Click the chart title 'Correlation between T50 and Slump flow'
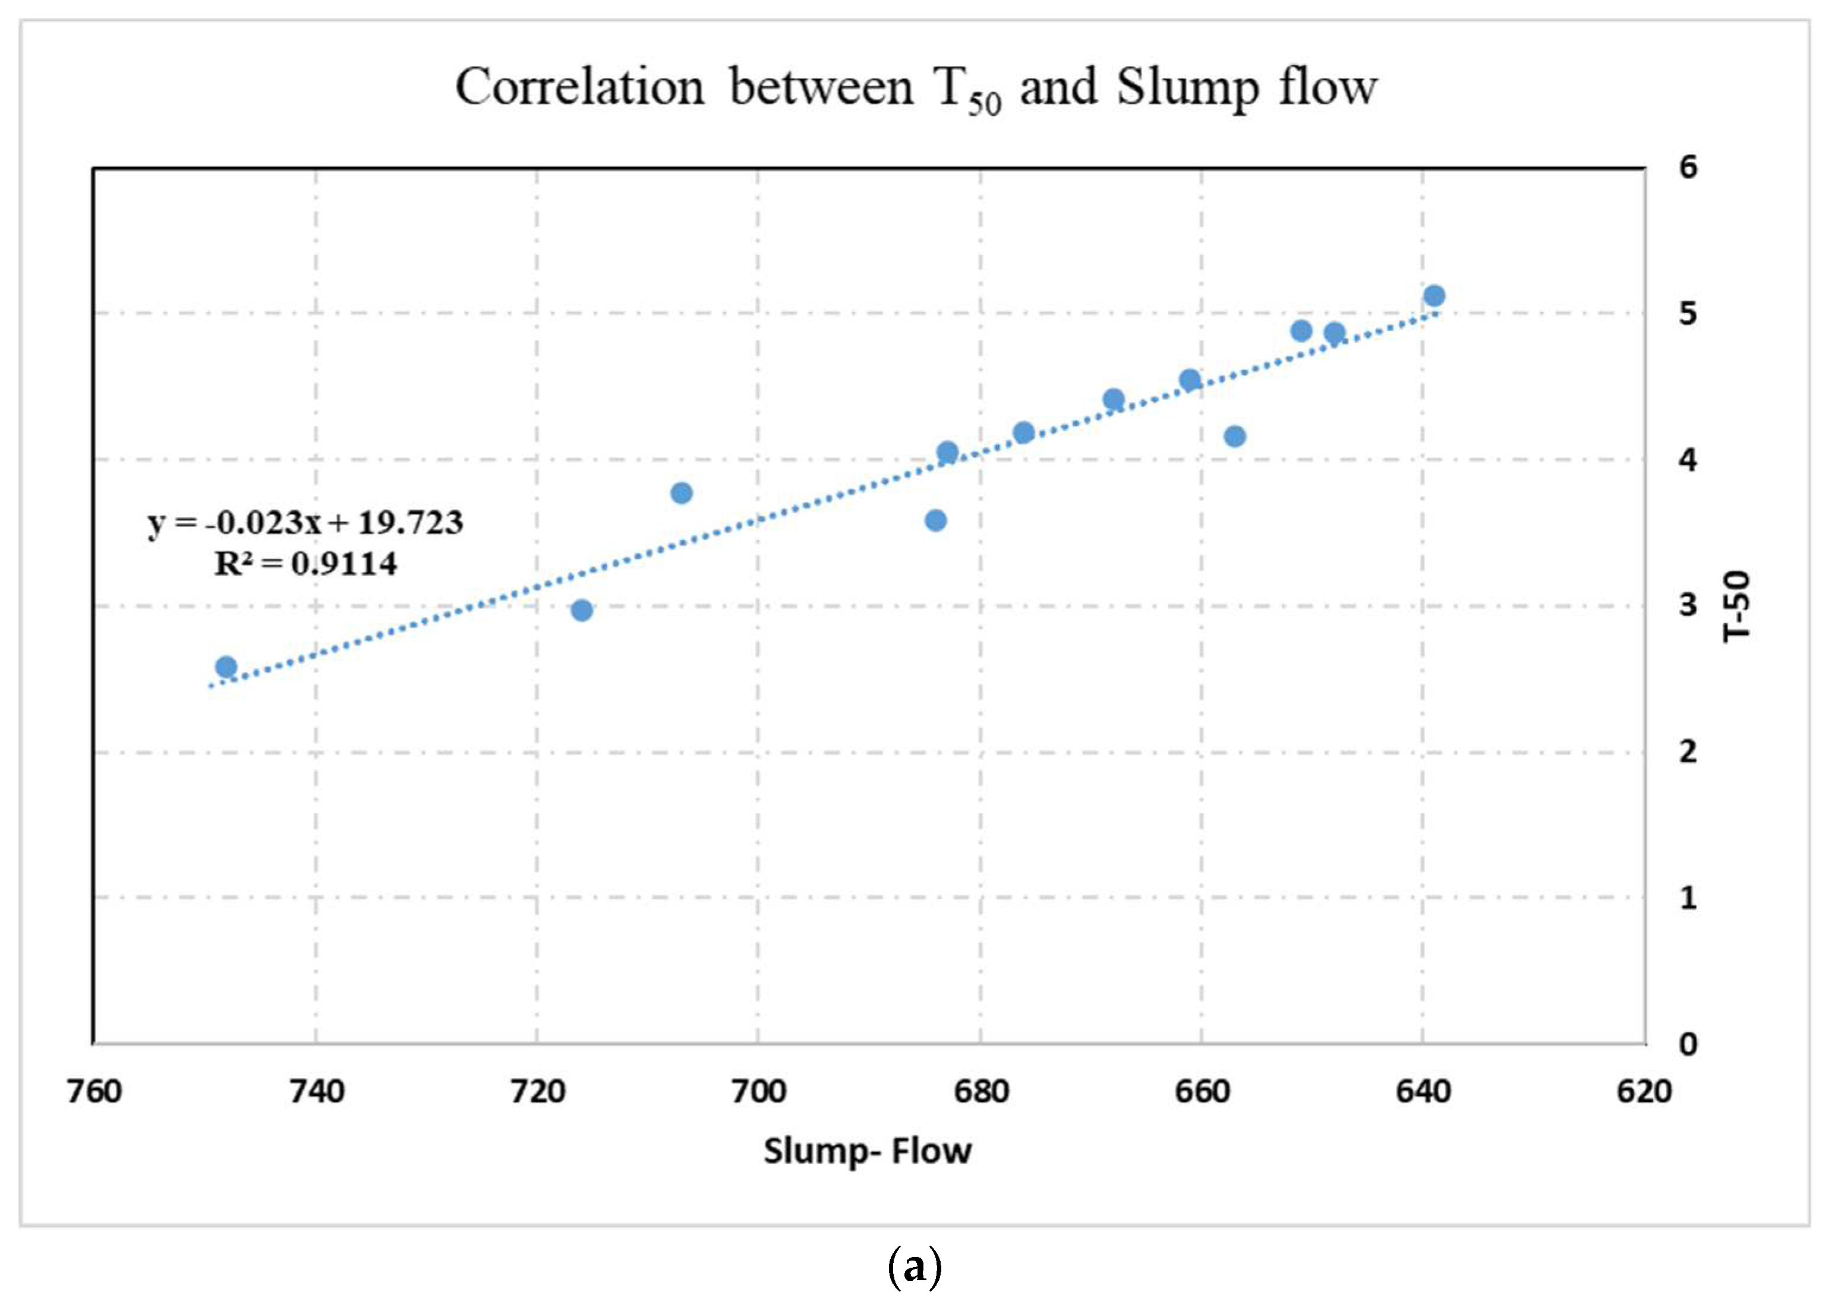(x=916, y=88)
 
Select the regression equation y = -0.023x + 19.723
(x=305, y=522)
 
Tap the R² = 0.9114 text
(x=305, y=564)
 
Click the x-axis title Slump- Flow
(x=867, y=1151)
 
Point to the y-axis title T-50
(x=1737, y=605)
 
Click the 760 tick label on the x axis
(x=94, y=1091)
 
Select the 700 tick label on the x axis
(x=758, y=1091)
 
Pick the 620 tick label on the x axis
(x=1644, y=1091)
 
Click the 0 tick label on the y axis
(x=1688, y=1044)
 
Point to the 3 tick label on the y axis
(x=1688, y=605)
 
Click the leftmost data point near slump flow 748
(x=226, y=667)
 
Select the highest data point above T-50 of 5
(x=1434, y=296)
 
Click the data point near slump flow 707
(x=681, y=492)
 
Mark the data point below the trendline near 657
(x=1235, y=437)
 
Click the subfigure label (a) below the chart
(x=916, y=1267)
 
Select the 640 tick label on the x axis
(x=1423, y=1091)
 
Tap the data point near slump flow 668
(x=1113, y=399)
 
